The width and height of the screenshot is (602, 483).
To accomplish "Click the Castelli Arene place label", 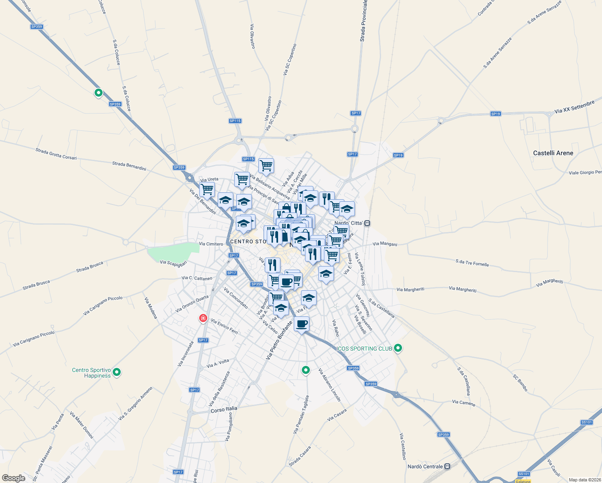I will pos(553,153).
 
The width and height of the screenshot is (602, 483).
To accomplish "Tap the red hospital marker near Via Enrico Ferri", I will pos(203,318).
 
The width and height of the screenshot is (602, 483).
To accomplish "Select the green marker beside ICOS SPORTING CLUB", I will pos(398,348).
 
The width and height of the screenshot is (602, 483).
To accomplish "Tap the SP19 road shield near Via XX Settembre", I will pos(495,114).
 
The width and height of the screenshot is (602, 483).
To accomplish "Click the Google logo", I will pos(13,478).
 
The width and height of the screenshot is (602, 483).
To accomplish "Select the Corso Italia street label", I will pos(224,409).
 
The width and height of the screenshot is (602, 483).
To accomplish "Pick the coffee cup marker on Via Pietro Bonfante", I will pos(301,324).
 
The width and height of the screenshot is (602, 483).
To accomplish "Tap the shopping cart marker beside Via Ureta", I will pos(207,189).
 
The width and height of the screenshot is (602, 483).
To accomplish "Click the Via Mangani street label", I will pos(385,244).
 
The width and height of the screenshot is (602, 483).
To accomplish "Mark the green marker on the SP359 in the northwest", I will pos(99,93).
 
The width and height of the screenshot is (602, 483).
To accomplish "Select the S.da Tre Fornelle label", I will pos(472,263).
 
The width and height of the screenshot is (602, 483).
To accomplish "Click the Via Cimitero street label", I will pos(211,244).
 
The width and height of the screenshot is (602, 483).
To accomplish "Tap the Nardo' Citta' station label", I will pos(348,223).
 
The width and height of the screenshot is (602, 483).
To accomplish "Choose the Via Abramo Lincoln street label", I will pos(330,385).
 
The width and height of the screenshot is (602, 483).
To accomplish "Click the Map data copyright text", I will pos(583,480).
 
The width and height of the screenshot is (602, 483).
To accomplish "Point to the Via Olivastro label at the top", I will pos(253,36).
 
